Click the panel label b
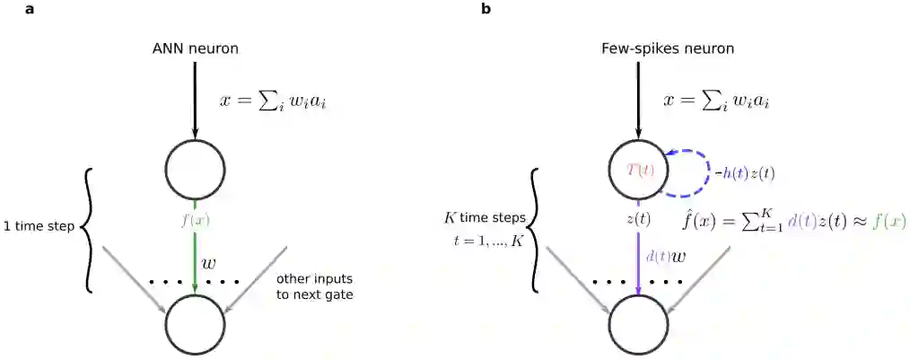point(486,9)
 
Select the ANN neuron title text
point(195,48)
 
